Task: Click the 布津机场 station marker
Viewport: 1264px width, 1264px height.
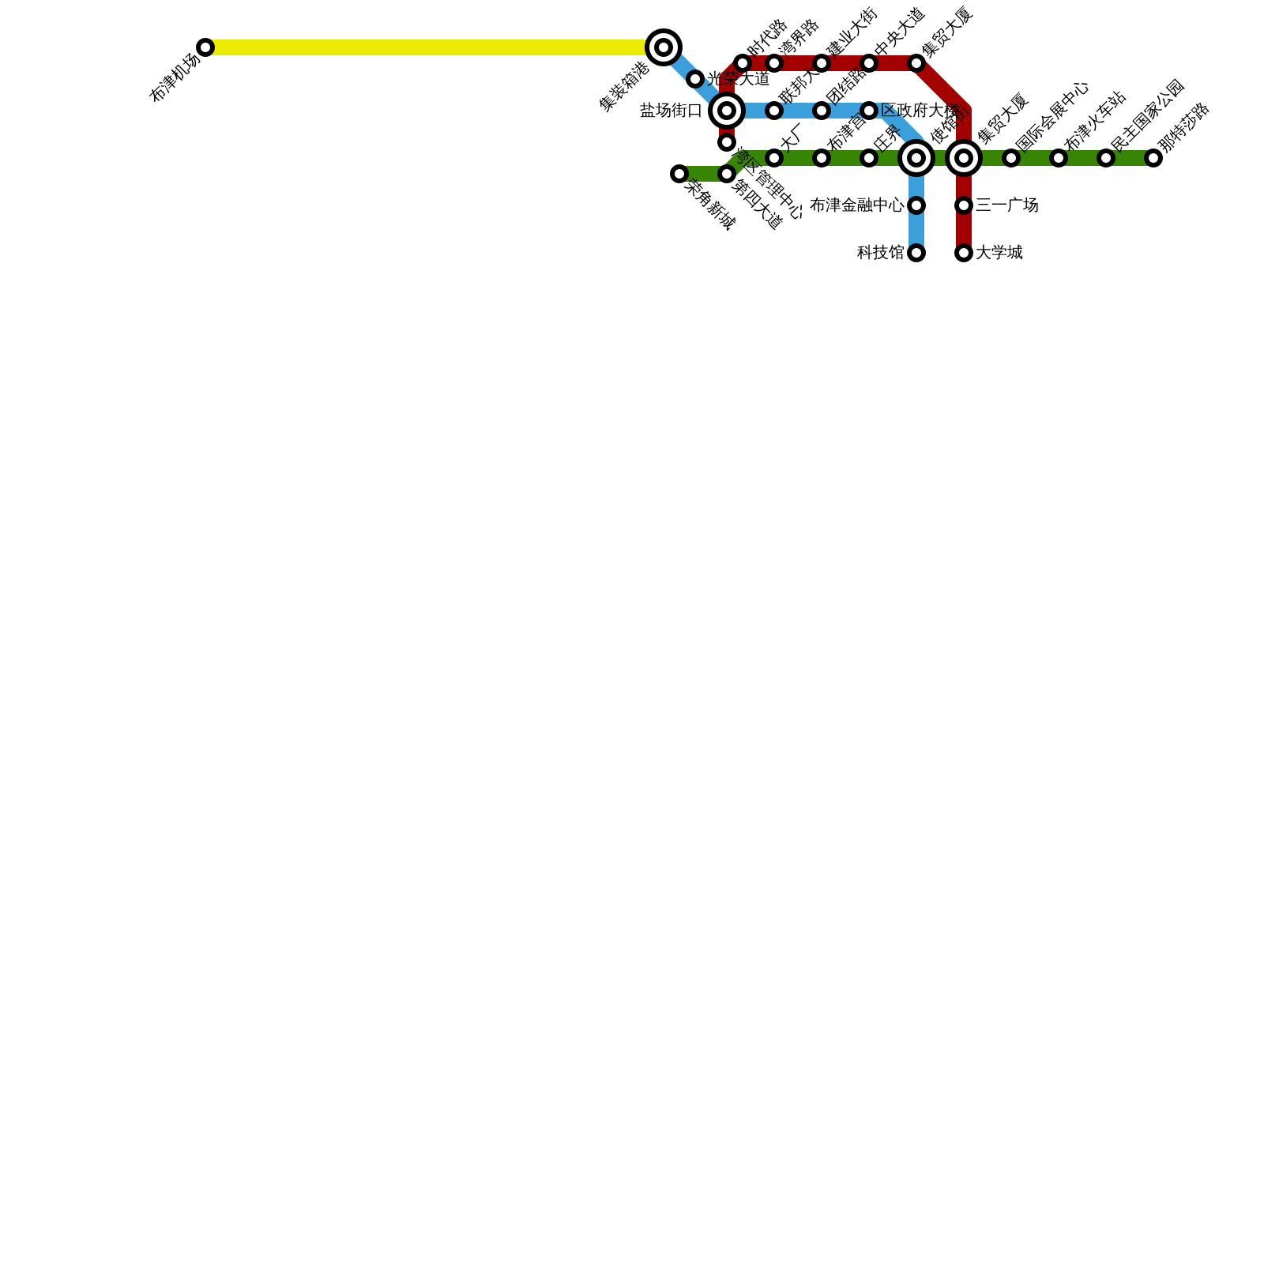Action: tap(205, 47)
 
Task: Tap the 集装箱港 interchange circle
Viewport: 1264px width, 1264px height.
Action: tap(664, 47)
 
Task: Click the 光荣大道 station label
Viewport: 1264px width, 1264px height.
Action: tap(738, 79)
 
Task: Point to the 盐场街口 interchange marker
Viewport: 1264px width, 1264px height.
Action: tap(727, 111)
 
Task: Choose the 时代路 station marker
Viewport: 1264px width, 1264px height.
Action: tap(743, 63)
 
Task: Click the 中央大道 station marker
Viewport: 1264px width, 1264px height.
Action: tap(869, 63)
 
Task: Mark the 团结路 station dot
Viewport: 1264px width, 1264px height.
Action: tap(822, 111)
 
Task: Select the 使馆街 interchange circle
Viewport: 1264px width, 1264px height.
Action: tap(916, 158)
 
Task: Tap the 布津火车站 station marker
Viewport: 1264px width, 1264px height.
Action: tap(1059, 158)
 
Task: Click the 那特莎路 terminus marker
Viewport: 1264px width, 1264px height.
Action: tap(1153, 158)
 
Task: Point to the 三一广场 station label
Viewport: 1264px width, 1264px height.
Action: tap(1006, 205)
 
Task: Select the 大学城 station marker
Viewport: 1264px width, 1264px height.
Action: tap(964, 253)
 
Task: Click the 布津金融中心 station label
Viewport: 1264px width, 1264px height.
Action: tap(857, 205)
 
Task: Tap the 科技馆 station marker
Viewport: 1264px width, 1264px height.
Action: tap(916, 253)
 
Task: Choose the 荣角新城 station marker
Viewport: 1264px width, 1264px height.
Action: tap(679, 174)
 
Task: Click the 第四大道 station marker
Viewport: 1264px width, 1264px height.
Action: tap(727, 174)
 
